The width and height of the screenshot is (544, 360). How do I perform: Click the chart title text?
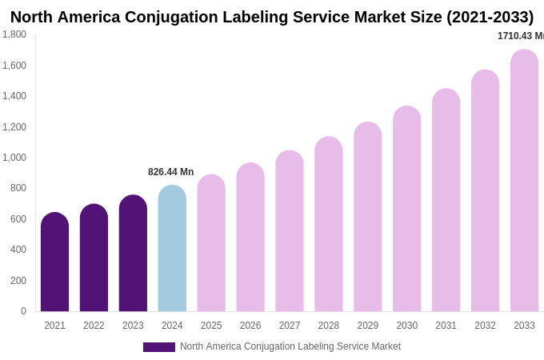pos(271,17)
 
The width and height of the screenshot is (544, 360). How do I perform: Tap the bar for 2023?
pos(133,254)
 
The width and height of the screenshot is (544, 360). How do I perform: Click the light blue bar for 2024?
pos(172,249)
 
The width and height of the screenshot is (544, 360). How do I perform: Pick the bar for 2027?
pos(290,231)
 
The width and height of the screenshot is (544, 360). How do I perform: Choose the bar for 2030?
pos(406,209)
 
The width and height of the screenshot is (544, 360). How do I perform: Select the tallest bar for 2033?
pos(524,181)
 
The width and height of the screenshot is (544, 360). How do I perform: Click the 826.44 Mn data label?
pos(170,172)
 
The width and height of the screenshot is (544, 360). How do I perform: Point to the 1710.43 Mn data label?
pos(520,36)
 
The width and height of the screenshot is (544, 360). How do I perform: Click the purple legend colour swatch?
pos(158,347)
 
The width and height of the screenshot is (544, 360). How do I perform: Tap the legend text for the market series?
pos(290,346)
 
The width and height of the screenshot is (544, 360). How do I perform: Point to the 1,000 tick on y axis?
pos(14,158)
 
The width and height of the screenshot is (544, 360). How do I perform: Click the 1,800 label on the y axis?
pos(14,34)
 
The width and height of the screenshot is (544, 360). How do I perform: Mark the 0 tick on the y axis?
pos(23,311)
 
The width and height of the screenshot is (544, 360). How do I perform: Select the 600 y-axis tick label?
pos(18,219)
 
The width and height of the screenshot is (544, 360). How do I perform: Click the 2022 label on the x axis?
pos(94,326)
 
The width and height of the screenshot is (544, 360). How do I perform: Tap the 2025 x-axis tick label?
pos(211,326)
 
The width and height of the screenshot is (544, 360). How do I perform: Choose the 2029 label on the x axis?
pos(368,326)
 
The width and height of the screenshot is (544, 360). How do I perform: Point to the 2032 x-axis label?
pos(485,326)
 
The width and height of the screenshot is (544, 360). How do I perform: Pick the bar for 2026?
pos(250,238)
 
